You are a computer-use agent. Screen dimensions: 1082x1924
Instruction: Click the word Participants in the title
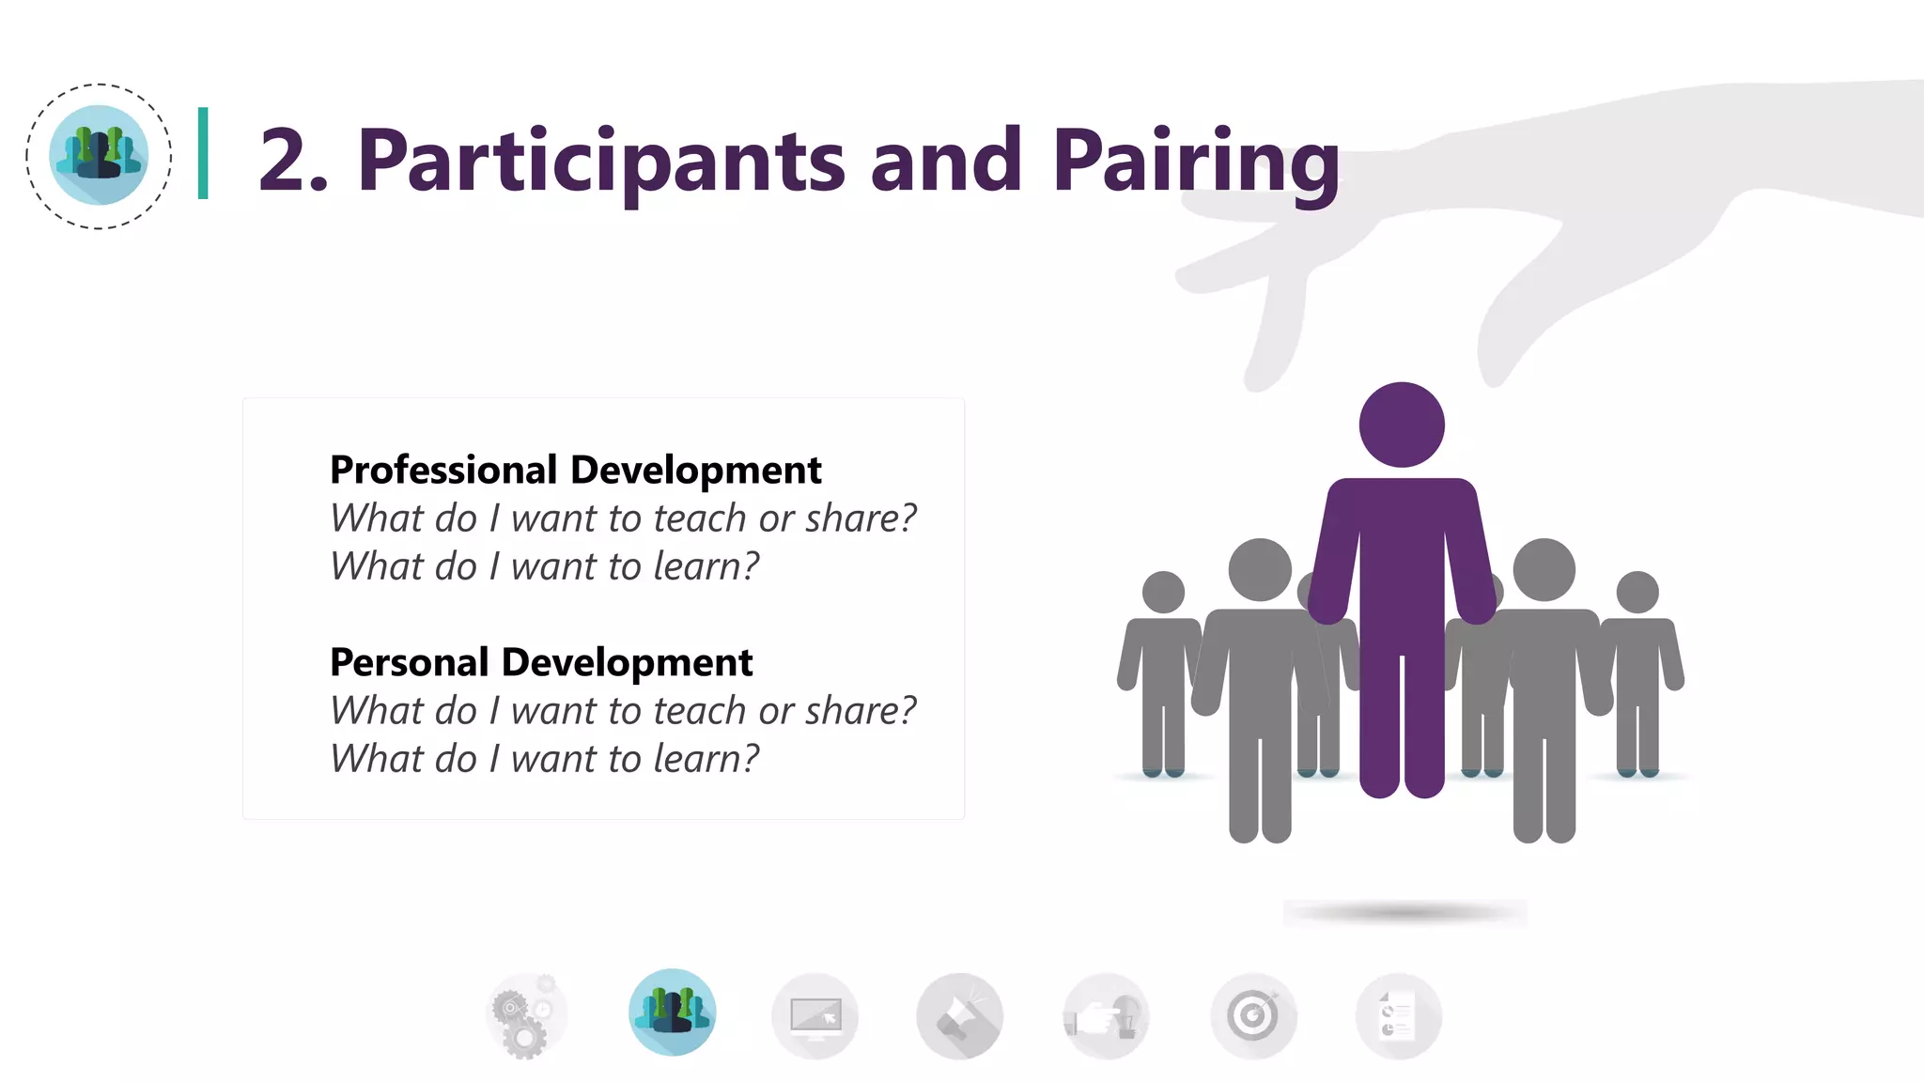pyautogui.click(x=601, y=162)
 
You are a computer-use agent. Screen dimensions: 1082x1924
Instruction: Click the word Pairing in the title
pyautogui.click(x=1195, y=162)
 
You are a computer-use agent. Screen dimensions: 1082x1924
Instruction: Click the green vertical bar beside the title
pyautogui.click(x=203, y=153)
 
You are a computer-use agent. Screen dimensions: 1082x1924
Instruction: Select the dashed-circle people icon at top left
pyautogui.click(x=99, y=156)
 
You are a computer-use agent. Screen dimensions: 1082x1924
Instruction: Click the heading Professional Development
pyautogui.click(x=575, y=470)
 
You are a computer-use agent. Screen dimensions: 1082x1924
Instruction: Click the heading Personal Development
pyautogui.click(x=541, y=662)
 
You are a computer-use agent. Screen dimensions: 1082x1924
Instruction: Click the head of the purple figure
pyautogui.click(x=1401, y=425)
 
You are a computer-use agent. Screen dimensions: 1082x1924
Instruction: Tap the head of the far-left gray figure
pyautogui.click(x=1163, y=592)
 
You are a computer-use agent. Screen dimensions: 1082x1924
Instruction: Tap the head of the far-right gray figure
pyautogui.click(x=1637, y=592)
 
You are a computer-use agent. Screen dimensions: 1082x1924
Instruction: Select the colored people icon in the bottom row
pyautogui.click(x=672, y=1012)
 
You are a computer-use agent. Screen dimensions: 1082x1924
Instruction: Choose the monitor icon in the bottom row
pyautogui.click(x=815, y=1016)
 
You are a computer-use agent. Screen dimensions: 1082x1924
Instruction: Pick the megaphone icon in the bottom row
pyautogui.click(x=960, y=1016)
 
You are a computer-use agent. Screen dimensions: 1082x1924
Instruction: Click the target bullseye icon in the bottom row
pyautogui.click(x=1253, y=1016)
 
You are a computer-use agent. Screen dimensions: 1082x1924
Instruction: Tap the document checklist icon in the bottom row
pyautogui.click(x=1398, y=1016)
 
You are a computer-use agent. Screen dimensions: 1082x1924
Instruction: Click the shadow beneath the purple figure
pyautogui.click(x=1404, y=912)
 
